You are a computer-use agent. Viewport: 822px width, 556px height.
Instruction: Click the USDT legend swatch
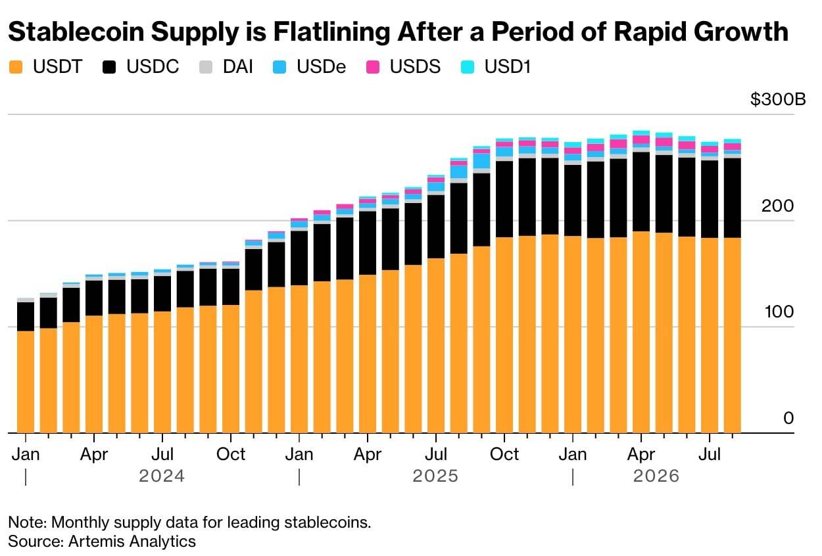16,67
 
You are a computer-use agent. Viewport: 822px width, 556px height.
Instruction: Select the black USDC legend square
109,67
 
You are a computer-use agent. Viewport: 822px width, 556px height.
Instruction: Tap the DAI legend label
238,67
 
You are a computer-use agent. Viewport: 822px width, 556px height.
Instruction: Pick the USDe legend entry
309,67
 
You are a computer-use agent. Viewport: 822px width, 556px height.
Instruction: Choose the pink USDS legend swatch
373,67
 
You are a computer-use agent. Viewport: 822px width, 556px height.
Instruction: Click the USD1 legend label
508,67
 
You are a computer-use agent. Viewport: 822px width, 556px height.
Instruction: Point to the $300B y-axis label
778,99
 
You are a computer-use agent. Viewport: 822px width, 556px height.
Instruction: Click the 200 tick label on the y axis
777,206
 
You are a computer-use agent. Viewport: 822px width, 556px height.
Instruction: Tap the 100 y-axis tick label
779,312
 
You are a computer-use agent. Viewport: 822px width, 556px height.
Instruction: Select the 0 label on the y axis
788,418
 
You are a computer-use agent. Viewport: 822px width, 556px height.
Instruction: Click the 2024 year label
162,476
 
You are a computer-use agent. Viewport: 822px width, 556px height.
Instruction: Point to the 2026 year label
656,476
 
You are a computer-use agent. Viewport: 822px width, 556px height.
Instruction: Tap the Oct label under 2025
504,454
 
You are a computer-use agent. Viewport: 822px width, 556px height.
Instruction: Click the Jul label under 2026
710,454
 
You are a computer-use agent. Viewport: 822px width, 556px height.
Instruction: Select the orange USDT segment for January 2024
26,382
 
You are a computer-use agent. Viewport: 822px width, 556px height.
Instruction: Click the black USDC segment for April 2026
641,191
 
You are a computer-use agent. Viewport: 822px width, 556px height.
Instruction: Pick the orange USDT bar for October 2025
504,335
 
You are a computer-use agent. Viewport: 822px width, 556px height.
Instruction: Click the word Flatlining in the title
331,32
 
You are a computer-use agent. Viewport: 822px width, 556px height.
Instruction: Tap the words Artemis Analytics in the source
132,542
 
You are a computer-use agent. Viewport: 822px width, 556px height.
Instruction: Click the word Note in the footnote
28,522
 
